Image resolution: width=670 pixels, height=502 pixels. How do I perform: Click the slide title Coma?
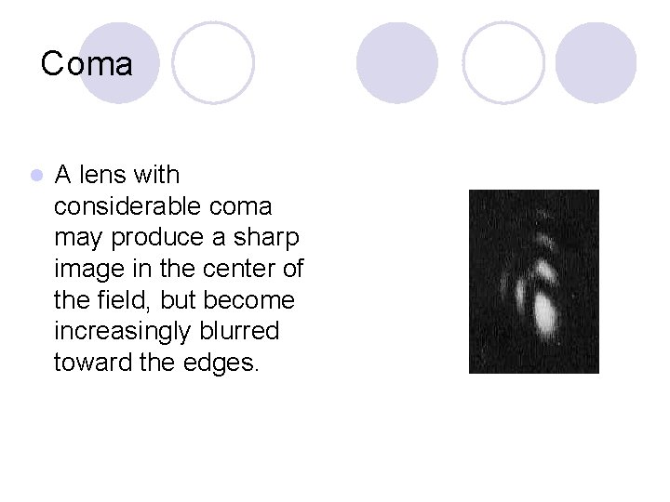pyautogui.click(x=87, y=64)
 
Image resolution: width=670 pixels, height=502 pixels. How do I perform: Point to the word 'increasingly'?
pyautogui.click(x=122, y=332)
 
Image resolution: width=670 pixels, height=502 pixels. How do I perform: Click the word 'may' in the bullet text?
pyautogui.click(x=78, y=238)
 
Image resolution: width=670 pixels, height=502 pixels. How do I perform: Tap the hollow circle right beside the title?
pyautogui.click(x=213, y=62)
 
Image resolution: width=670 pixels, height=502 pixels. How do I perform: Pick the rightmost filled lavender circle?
pyautogui.click(x=596, y=62)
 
